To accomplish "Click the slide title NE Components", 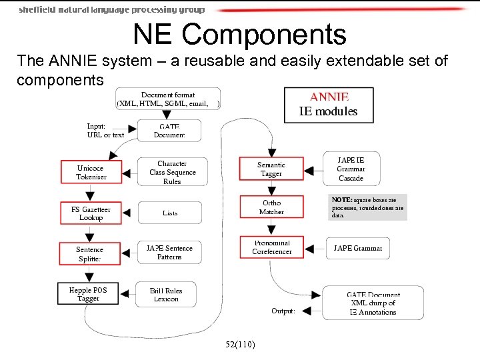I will [x=239, y=35].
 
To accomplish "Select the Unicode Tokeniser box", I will [x=90, y=173].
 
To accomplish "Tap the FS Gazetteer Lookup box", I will [x=90, y=213].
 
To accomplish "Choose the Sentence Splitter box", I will [x=90, y=254].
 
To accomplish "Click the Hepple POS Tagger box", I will [x=88, y=295].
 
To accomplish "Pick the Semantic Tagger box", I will [x=271, y=169].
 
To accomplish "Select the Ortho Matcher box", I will [x=271, y=207].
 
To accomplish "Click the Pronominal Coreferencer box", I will [x=271, y=247].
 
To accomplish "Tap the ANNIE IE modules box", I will [x=328, y=105].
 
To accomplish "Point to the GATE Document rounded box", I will [x=169, y=131].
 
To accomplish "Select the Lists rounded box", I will [x=169, y=213].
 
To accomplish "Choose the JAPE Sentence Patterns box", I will [x=169, y=253].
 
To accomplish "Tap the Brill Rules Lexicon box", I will [x=166, y=295].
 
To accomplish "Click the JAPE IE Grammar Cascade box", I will [x=351, y=169].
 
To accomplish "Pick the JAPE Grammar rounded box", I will [x=357, y=248].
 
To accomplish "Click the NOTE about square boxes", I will [x=367, y=207].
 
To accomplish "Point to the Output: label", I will [x=283, y=311].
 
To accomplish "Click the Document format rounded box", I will [x=168, y=99].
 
